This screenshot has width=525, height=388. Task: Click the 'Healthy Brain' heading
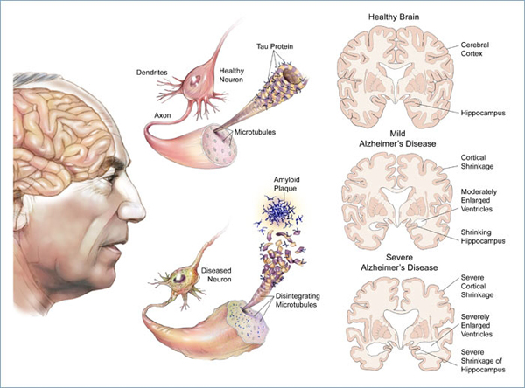pos(403,15)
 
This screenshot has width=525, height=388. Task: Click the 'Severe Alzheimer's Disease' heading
pos(403,263)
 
